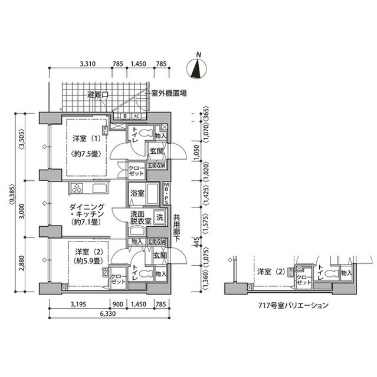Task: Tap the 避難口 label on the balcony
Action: tap(97, 94)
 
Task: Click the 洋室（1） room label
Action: tap(86, 139)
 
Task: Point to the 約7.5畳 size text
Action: tap(86, 154)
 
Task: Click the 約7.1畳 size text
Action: tap(86, 223)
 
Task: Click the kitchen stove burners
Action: tap(78, 188)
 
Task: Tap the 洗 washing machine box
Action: tap(159, 216)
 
